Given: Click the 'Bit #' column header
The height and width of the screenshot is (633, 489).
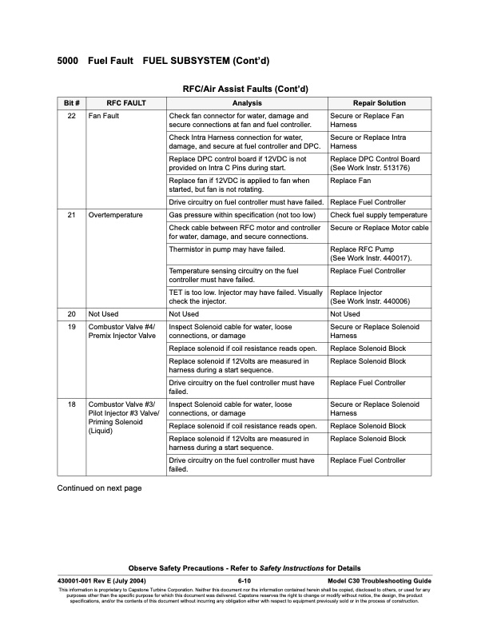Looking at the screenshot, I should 71,103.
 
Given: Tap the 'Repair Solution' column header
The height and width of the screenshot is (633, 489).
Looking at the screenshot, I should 379,103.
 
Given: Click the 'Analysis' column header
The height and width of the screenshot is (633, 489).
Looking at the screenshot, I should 246,103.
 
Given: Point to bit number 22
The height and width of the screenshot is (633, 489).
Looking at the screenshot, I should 71,117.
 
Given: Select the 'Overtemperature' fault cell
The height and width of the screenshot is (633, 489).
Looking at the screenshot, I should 116,216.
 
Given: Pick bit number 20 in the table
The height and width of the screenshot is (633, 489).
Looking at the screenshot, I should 71,315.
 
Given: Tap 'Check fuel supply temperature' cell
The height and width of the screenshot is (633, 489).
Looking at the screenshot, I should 379,216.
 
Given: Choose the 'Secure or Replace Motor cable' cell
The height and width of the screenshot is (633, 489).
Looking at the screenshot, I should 379,229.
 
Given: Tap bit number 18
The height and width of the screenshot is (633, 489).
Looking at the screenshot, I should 71,405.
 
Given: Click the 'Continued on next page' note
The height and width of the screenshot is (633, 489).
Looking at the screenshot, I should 99,488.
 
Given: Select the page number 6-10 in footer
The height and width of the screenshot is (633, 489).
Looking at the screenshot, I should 245,579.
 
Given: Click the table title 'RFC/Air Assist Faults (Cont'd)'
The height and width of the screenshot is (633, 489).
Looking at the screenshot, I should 245,88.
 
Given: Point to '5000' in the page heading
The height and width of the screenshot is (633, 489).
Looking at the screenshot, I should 68,61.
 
